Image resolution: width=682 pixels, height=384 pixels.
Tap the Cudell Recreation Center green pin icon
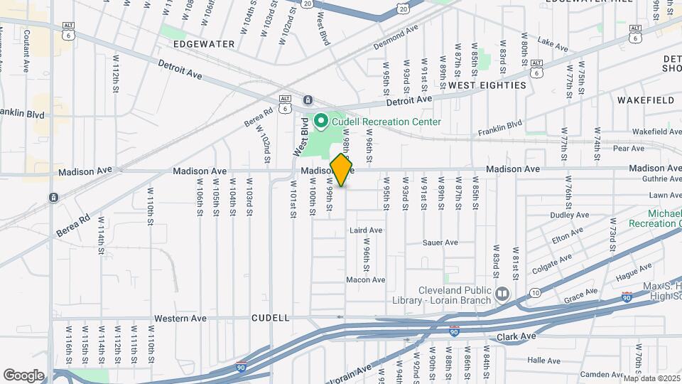[x=320, y=122]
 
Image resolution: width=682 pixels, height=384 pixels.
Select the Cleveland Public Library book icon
[x=502, y=294]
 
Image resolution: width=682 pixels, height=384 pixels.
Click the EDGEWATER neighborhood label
[x=204, y=44]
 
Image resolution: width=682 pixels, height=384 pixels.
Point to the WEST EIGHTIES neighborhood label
[x=487, y=85]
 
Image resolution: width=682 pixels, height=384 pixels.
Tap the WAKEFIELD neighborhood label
[x=645, y=100]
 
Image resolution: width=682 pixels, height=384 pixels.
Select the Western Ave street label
[x=180, y=318]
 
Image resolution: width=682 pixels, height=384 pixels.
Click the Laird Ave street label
[x=366, y=230]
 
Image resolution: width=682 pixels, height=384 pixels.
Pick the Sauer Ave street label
[x=440, y=242]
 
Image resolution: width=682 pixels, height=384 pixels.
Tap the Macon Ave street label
[x=365, y=279]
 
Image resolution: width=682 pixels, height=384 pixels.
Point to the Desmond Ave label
[x=396, y=39]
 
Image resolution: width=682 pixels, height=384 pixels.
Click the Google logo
[x=23, y=375]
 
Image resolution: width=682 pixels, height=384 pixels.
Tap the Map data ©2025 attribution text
[x=652, y=378]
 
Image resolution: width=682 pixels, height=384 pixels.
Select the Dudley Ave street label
[x=570, y=214]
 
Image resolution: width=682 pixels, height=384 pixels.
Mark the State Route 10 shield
[x=534, y=292]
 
